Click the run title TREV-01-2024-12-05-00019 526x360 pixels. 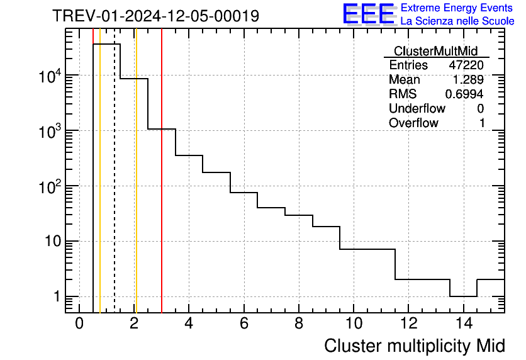[155, 16]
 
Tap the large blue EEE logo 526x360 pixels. [368, 14]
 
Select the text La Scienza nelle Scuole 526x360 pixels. [457, 21]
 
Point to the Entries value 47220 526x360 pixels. [466, 65]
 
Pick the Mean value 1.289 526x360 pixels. [469, 80]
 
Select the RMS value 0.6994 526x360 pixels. [464, 94]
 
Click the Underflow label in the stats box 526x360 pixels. [417, 108]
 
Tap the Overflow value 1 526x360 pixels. [481, 123]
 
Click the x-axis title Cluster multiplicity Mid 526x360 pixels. [414, 346]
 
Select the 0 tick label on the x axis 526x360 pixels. [79, 323]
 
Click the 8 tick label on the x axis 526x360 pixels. [299, 323]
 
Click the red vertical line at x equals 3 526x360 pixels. [162, 189]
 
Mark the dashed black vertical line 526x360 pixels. [115, 189]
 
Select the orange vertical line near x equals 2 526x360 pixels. [136, 189]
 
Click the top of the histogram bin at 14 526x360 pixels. [463, 296]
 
